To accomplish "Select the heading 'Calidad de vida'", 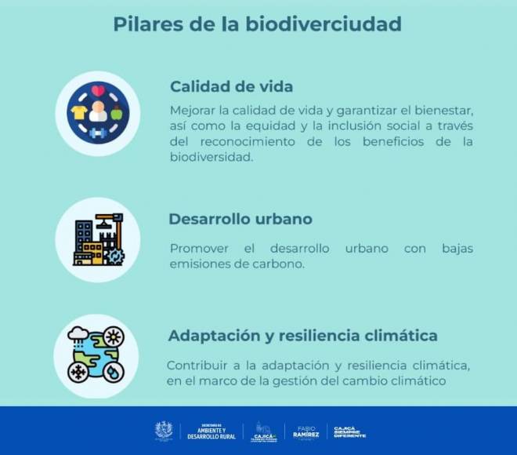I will point(231,86).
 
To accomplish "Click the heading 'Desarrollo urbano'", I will point(240,220).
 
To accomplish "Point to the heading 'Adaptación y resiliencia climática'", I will point(302,336).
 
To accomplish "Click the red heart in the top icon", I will point(98,91).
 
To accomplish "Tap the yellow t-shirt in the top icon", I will point(78,114).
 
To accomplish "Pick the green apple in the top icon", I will point(117,114).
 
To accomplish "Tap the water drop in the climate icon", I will point(114,371).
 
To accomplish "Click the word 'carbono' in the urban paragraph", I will point(279,264).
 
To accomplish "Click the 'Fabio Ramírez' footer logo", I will point(305,431).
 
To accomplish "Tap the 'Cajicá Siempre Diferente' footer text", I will point(349,431).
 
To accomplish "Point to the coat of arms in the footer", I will point(163,431).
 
